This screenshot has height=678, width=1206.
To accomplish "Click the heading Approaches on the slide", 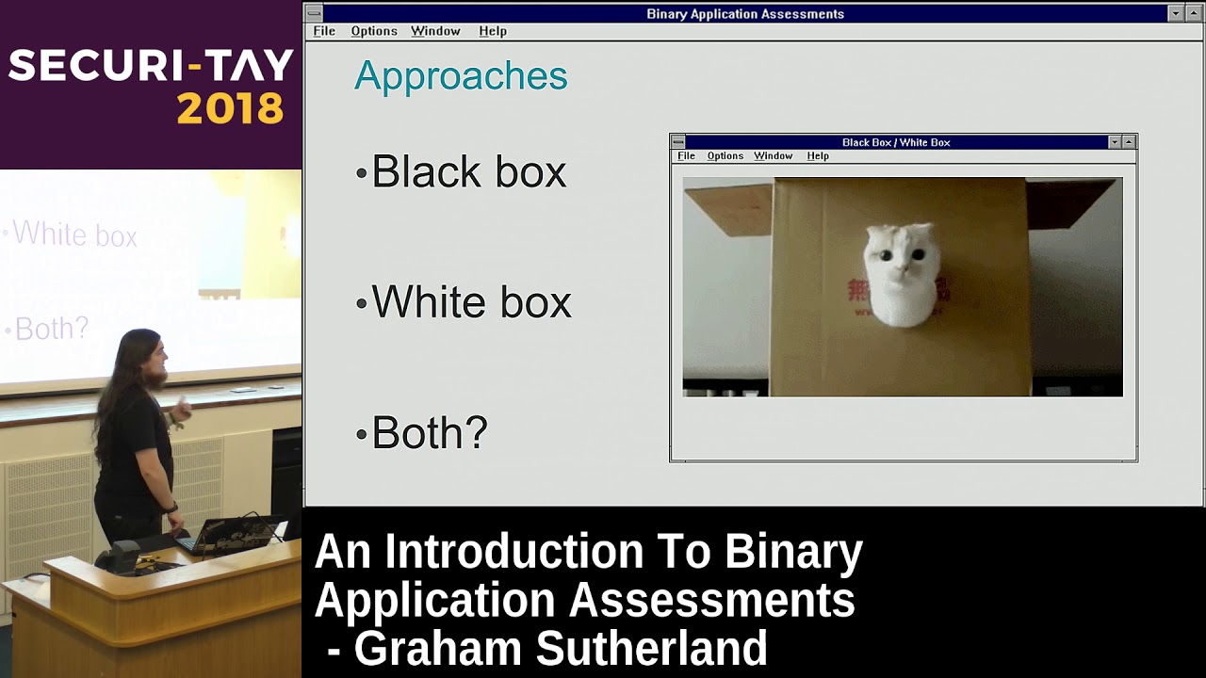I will [x=461, y=76].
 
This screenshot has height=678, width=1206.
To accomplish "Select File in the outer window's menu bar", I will [x=324, y=31].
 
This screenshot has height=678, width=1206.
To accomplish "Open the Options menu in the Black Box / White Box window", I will [x=725, y=156].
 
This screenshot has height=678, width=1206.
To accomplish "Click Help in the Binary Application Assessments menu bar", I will [x=493, y=31].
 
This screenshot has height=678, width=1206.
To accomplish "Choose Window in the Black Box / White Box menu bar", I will [x=773, y=156].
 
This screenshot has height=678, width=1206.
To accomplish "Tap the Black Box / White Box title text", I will [x=895, y=142].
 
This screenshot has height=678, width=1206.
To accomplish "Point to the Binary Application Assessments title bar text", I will [x=744, y=14].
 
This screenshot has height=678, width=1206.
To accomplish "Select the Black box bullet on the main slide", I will [x=468, y=172].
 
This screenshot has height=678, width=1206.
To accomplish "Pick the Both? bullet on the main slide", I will [x=429, y=433].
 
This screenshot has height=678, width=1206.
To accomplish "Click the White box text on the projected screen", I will [x=74, y=234].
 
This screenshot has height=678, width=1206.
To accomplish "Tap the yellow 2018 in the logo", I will [x=230, y=109].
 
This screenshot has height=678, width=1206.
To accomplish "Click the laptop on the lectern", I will [x=226, y=535].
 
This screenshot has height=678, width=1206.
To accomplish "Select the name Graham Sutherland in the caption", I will [x=560, y=649].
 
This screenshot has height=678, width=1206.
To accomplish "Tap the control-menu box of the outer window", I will [x=314, y=14].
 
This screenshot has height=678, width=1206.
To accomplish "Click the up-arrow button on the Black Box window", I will [x=1129, y=142].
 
